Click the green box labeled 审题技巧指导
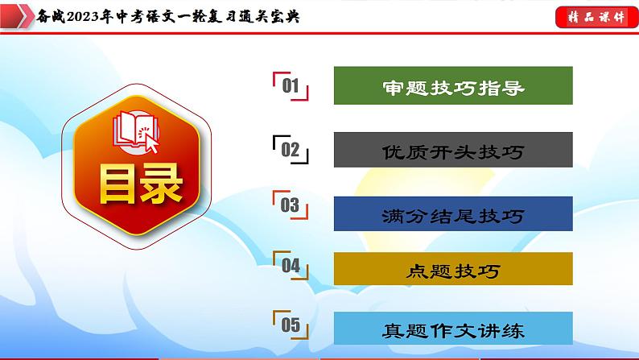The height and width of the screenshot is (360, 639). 452,85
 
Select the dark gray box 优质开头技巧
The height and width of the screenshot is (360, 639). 452,150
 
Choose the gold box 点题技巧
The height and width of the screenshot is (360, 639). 452,270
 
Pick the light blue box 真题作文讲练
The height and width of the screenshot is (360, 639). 452,329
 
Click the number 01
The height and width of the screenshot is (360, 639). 291,86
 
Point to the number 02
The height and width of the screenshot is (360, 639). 291,150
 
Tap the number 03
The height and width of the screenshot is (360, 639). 291,206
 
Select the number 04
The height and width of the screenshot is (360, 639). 291,265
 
